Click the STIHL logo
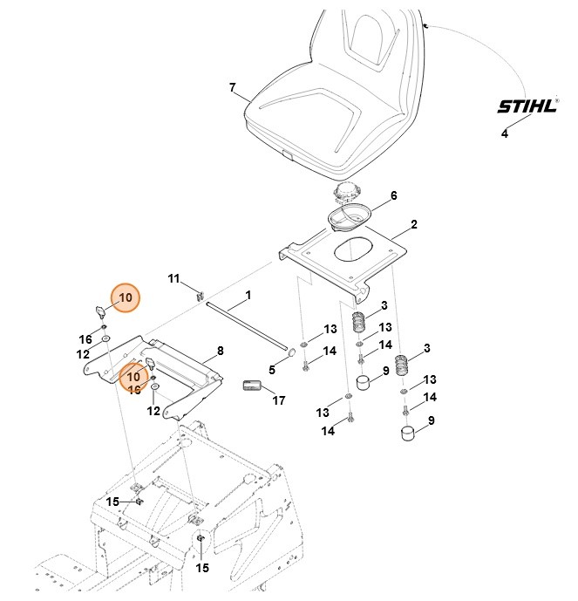point(526,107)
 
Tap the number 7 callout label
point(232,87)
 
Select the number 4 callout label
point(504,133)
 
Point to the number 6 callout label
point(393,196)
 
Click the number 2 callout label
point(413,225)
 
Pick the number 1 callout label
point(248,296)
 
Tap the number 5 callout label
point(271,370)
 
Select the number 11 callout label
point(173,278)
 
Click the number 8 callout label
point(220,351)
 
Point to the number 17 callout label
point(279,401)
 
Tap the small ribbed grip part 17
point(251,386)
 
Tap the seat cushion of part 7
point(331,105)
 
